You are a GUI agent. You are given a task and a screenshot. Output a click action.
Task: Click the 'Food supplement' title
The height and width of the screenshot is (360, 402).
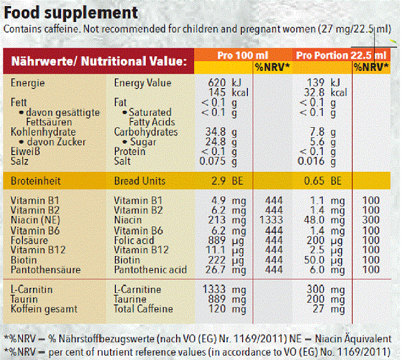71,12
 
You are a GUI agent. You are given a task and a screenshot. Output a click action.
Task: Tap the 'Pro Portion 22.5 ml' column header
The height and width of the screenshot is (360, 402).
342,55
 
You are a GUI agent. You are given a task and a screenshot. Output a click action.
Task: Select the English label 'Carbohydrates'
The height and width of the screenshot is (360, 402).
146,131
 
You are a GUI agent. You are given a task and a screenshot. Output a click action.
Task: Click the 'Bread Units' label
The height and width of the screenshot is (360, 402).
140,181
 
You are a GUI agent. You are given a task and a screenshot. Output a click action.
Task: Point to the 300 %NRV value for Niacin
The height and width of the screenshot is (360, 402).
371,219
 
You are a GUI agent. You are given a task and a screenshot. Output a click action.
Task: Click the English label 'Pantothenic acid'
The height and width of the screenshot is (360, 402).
150,269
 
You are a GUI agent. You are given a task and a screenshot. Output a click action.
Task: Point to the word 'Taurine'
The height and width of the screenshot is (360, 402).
131,299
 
